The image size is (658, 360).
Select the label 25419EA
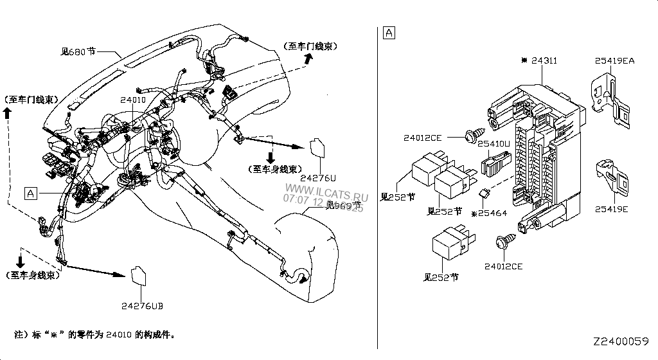click(x=614, y=60)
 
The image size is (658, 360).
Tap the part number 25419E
click(x=611, y=209)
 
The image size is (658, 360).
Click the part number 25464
click(x=493, y=212)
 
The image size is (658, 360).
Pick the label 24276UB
click(x=142, y=305)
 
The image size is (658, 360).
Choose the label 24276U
click(x=318, y=177)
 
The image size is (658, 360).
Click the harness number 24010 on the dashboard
click(x=133, y=100)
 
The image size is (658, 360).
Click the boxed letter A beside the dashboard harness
click(x=30, y=192)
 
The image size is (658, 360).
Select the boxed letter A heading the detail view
click(x=389, y=32)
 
